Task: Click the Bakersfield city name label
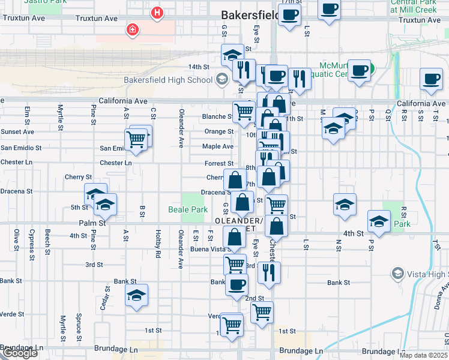pyautogui.click(x=248, y=14)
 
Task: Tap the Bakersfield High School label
pyautogui.click(x=167, y=80)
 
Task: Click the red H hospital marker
pyautogui.click(x=157, y=12)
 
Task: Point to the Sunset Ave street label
pyautogui.click(x=17, y=131)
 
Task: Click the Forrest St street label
pyautogui.click(x=218, y=163)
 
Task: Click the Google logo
pyautogui.click(x=19, y=353)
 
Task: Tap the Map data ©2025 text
pyautogui.click(x=424, y=355)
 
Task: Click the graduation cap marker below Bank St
pyautogui.click(x=137, y=295)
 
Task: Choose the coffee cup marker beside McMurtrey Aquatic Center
pyautogui.click(x=360, y=70)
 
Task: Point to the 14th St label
pyautogui.click(x=198, y=67)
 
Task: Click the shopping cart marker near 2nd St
pyautogui.click(x=262, y=312)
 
